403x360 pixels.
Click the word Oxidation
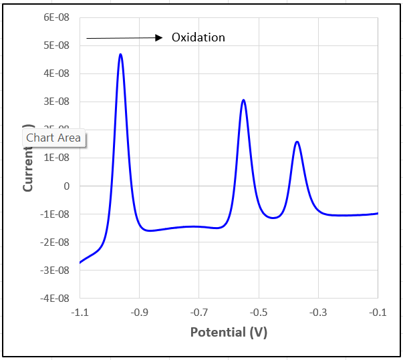click(x=198, y=37)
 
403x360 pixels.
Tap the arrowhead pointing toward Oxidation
click(x=159, y=38)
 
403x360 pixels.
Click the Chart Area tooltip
click(x=53, y=138)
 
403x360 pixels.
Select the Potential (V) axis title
click(x=229, y=332)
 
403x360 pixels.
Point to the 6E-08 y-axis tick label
click(x=57, y=17)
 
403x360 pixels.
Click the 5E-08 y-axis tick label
click(x=57, y=45)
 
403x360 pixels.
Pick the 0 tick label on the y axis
click(x=66, y=186)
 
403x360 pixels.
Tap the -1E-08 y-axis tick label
click(x=55, y=214)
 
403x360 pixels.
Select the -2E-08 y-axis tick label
click(x=55, y=242)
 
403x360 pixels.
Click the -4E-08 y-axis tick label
click(x=55, y=298)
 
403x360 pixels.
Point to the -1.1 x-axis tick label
click(x=80, y=312)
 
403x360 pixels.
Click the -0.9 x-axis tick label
click(x=139, y=312)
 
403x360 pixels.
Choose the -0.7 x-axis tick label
click(x=198, y=312)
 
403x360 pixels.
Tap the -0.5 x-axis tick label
click(x=259, y=312)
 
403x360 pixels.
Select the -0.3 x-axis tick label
click(x=318, y=312)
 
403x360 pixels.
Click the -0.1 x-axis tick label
click(x=378, y=312)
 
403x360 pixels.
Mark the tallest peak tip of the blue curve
click(x=120, y=55)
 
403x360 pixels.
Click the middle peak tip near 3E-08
click(x=244, y=100)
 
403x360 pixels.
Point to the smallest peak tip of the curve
click(x=297, y=142)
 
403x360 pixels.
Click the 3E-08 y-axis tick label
click(x=57, y=102)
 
